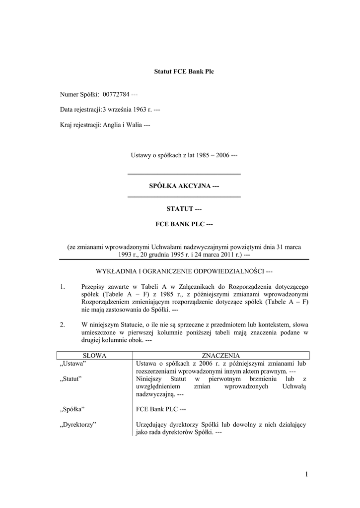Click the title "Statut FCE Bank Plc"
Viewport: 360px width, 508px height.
(x=184, y=72)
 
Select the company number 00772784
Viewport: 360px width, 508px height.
(x=116, y=94)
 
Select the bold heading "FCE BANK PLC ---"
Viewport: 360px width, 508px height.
(x=184, y=224)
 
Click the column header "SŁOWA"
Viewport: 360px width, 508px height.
(x=94, y=356)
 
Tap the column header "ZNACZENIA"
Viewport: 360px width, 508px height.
(x=221, y=356)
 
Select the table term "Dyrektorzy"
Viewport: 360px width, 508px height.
(x=77, y=425)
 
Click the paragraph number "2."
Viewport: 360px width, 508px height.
(x=62, y=325)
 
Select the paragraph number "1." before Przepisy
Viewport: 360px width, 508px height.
(x=62, y=287)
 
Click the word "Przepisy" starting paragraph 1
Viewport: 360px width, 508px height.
(x=94, y=287)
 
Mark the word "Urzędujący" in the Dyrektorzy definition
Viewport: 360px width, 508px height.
(x=152, y=425)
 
